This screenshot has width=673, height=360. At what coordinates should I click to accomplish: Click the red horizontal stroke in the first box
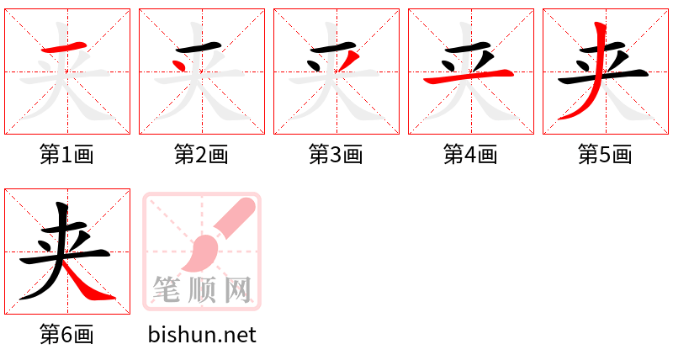[x=65, y=47]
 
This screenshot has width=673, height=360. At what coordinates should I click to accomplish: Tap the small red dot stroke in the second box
[x=179, y=66]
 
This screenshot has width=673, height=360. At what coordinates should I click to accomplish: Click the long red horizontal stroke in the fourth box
[x=469, y=76]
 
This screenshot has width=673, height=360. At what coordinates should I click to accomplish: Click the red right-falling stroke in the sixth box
[x=88, y=281]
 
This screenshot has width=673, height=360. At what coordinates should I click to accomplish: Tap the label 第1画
[x=66, y=155]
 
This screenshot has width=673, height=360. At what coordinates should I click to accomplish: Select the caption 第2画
[x=201, y=155]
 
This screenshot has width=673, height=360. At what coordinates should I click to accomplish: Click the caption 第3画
[x=336, y=155]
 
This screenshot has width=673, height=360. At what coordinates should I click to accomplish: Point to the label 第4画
[x=470, y=155]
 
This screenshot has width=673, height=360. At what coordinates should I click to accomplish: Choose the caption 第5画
[x=605, y=155]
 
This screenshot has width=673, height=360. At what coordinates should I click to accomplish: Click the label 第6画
[x=66, y=335]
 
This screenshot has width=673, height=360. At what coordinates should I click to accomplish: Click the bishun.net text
[x=202, y=335]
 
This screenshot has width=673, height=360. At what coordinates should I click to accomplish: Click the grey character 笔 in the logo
[x=167, y=289]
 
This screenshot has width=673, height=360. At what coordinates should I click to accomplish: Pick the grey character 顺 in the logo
[x=203, y=289]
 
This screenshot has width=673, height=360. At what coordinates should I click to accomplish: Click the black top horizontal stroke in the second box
[x=199, y=47]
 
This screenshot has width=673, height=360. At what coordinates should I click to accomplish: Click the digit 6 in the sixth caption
[x=67, y=335]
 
